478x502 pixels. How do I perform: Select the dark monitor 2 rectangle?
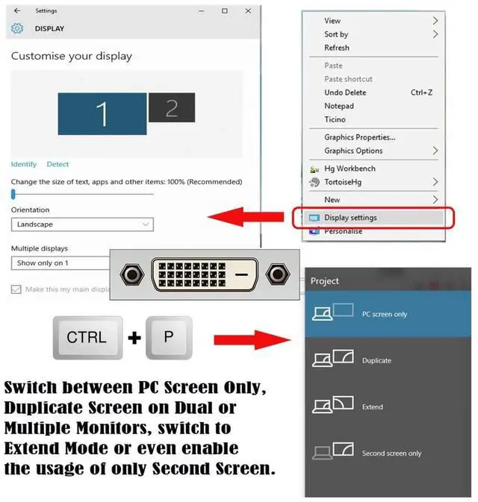(171, 108)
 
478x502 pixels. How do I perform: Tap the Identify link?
(24, 164)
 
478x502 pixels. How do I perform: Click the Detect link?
(58, 164)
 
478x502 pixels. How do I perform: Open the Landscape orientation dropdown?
(82, 225)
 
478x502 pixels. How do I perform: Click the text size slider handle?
(13, 193)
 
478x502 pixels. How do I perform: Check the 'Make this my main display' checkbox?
(16, 289)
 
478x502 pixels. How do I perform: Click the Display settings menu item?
(350, 218)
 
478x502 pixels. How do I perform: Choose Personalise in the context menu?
(343, 231)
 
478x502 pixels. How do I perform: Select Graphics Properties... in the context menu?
(359, 137)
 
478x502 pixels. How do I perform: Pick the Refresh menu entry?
(337, 48)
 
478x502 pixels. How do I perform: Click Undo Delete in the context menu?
(345, 92)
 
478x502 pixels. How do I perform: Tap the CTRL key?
(87, 338)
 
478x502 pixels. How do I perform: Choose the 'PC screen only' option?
(384, 314)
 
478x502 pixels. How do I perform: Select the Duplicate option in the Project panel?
(376, 360)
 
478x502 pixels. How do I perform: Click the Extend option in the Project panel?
(372, 407)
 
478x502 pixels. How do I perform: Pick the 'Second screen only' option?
(391, 453)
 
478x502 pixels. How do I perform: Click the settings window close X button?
(246, 11)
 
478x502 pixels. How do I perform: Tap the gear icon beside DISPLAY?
(17, 28)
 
